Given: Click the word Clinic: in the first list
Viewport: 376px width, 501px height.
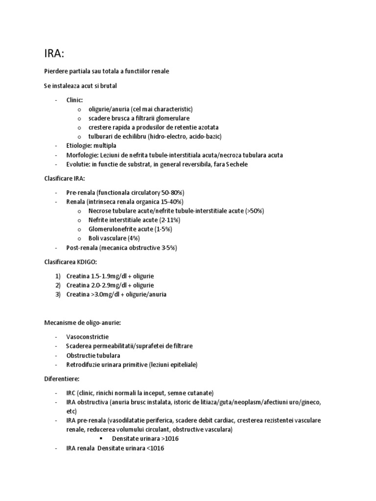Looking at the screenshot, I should [75, 100].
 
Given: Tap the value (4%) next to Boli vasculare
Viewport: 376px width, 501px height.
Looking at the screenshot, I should [133, 238].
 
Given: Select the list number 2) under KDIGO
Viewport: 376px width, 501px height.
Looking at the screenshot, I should [58, 285].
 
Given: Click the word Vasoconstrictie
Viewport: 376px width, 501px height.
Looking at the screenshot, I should [88, 337].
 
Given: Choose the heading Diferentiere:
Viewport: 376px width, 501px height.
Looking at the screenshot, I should [62, 378].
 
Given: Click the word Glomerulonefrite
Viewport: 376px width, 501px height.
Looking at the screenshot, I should [114, 229].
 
